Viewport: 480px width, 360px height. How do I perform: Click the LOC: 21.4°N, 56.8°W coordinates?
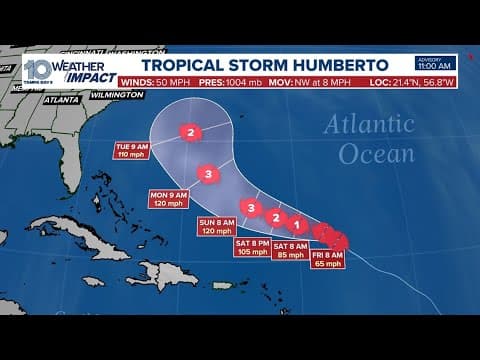tap(409, 80)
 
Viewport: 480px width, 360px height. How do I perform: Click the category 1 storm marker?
tap(296, 224)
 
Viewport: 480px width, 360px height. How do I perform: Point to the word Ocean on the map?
tap(376, 153)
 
